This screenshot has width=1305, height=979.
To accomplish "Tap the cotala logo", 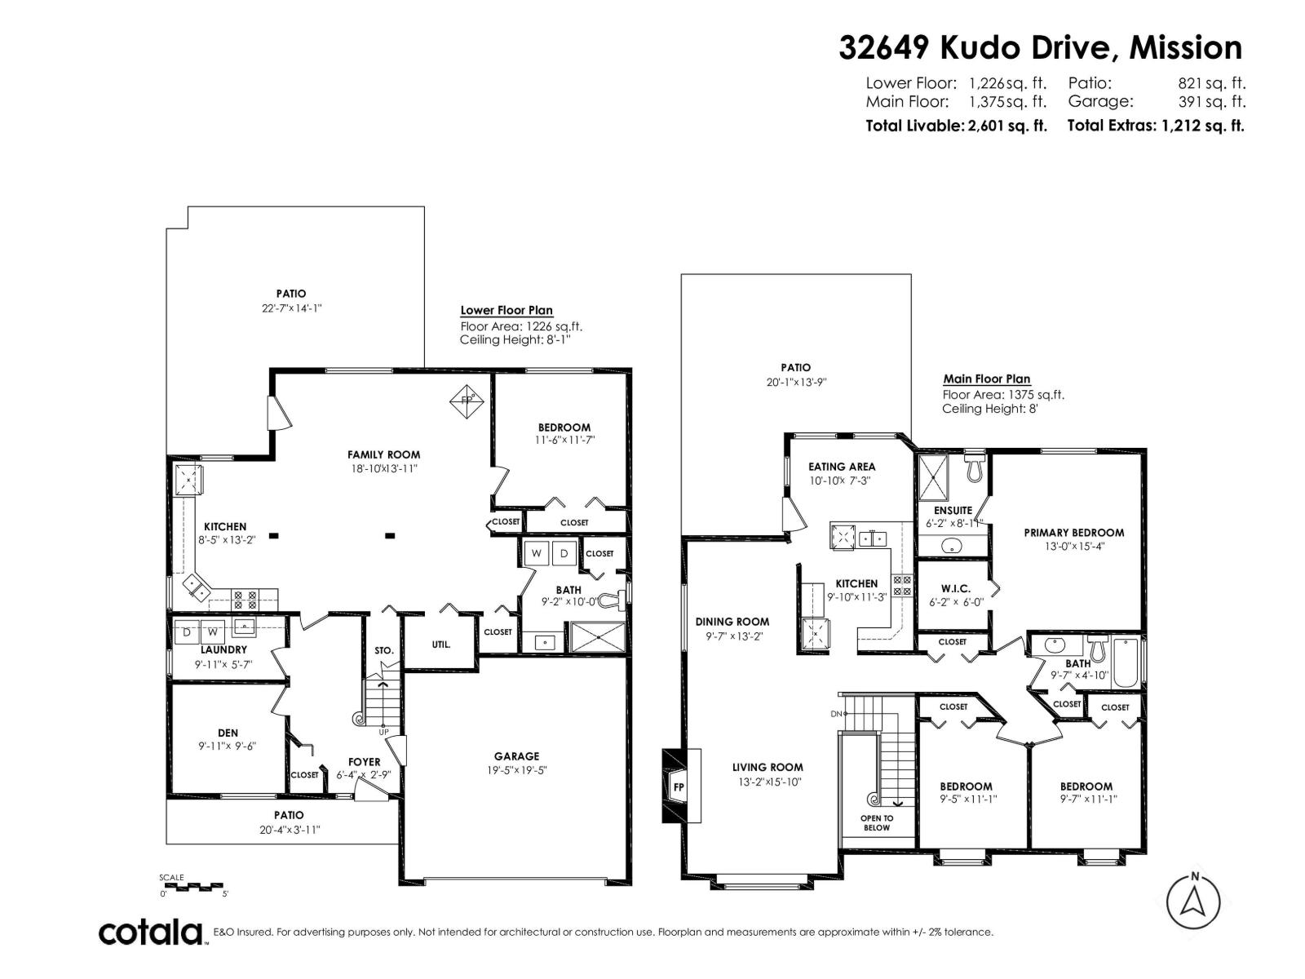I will pos(152,932).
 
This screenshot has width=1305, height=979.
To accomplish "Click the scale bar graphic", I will pos(192,885).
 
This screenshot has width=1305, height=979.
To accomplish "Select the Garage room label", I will pos(516,756).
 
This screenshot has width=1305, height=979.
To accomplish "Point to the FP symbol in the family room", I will pos(468,400).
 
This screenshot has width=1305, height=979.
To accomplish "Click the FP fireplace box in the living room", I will pos(678,787).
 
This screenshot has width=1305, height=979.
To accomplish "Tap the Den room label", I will pos(228,733).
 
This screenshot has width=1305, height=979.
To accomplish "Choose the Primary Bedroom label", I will pos(1073,532).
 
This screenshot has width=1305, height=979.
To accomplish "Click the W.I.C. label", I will pos(954,588).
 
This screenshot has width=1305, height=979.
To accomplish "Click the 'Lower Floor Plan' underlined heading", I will pos(507,310).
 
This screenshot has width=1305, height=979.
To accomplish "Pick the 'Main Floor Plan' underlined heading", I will pos(986,379).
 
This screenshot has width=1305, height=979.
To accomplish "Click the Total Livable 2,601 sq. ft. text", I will pos(956,126).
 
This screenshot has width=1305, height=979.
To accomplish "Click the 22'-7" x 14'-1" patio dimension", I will pos(290,308).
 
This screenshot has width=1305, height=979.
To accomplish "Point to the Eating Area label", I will pos(841,467).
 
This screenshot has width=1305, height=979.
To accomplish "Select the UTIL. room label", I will pos(440,644).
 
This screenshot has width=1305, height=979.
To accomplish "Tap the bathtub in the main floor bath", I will pos(1126,663).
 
